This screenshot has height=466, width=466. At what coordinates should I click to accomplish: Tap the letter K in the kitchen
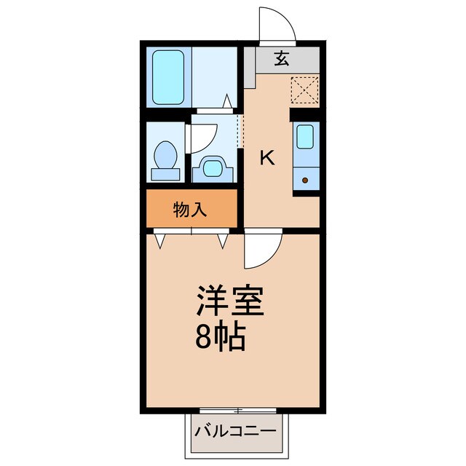click(268, 157)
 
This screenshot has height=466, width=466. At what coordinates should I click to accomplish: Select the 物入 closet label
click(191, 210)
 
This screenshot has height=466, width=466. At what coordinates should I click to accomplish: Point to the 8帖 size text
click(219, 336)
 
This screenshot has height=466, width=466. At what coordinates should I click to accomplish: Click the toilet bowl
click(167, 154)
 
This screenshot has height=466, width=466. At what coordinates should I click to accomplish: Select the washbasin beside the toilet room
click(213, 168)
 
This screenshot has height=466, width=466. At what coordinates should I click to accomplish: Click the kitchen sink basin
click(306, 135)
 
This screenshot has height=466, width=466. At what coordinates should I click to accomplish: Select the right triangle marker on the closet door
click(223, 239)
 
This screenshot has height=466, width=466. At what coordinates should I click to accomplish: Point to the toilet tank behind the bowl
click(165, 173)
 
